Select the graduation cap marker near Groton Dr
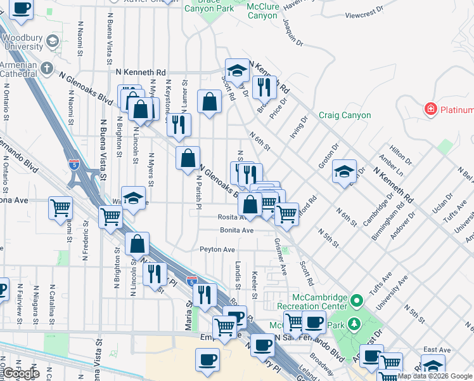pyautogui.click(x=344, y=172)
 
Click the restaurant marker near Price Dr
pyautogui.click(x=264, y=86)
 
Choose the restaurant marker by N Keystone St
pyautogui.click(x=179, y=123)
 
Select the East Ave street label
pyautogui.click(x=437, y=350)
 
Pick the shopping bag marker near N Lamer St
pyautogui.click(x=209, y=102)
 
